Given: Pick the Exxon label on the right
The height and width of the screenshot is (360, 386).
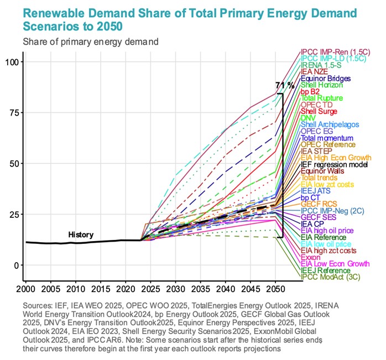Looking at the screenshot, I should click(x=311, y=257).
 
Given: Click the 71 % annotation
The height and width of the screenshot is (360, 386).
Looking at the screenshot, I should click(x=284, y=85).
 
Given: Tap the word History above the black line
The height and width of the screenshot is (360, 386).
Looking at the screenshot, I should click(x=81, y=234).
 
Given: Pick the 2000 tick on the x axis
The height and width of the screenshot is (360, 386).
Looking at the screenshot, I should click(x=26, y=289).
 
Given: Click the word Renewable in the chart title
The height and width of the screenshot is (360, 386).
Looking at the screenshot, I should click(x=53, y=13).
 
